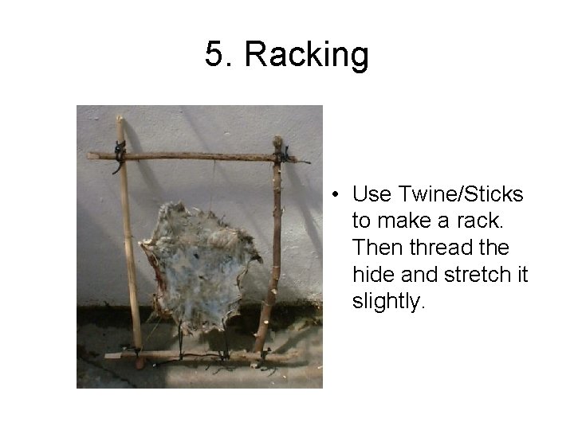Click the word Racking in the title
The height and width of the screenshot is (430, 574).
pos(306,55)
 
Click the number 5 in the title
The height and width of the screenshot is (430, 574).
pos(214,54)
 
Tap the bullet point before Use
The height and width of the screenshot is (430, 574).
pos(339,195)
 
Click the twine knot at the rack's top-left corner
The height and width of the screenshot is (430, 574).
pos(120,153)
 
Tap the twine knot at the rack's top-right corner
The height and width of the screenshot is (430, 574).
pos(278,153)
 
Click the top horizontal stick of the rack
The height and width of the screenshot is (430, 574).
pos(199,156)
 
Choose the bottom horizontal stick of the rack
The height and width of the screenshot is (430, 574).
pos(199,356)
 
